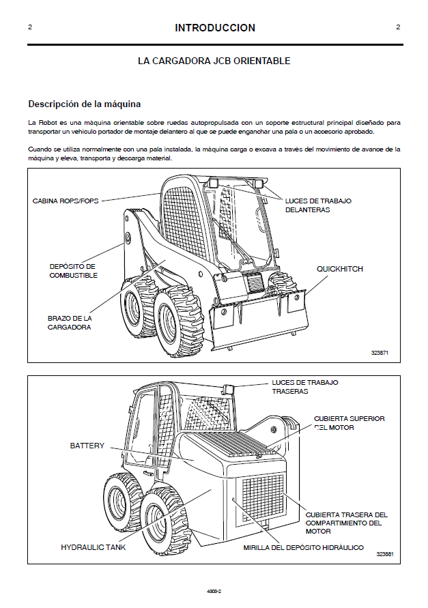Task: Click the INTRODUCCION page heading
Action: tap(214, 28)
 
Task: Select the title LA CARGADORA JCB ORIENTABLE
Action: tap(214, 61)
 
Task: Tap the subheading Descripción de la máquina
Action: tap(84, 104)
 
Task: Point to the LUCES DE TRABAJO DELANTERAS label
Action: tap(317, 205)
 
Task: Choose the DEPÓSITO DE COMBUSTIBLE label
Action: tap(73, 270)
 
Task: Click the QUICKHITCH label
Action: tap(339, 269)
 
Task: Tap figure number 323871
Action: tap(380, 353)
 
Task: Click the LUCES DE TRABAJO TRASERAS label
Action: tap(304, 387)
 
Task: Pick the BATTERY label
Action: tap(87, 446)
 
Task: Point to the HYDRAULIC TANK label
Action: tap(91, 547)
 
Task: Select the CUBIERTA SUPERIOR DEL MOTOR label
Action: tap(349, 422)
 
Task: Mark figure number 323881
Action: tap(384, 554)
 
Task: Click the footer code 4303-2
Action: tap(214, 592)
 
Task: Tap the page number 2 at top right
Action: tap(398, 27)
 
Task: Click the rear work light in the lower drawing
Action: tap(229, 390)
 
